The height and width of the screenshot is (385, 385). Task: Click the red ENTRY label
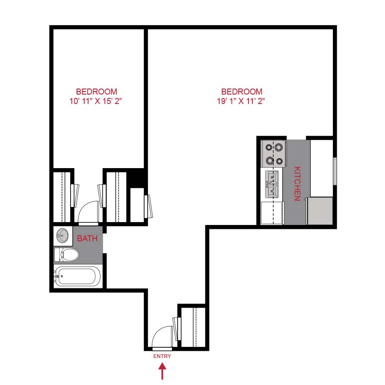click(x=162, y=356)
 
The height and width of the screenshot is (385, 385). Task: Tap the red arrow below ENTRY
click(x=162, y=371)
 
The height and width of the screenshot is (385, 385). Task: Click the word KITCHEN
click(x=297, y=184)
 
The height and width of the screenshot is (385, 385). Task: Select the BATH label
click(x=87, y=239)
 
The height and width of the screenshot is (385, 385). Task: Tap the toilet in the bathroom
click(x=67, y=255)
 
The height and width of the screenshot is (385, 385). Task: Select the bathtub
click(x=77, y=277)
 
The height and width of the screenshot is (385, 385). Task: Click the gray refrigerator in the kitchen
click(x=320, y=210)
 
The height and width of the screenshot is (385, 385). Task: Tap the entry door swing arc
click(x=163, y=336)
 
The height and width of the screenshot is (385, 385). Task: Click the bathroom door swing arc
click(x=89, y=212)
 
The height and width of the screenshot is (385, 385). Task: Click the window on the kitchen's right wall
click(x=335, y=172)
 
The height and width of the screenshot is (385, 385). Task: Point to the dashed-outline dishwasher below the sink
click(x=272, y=213)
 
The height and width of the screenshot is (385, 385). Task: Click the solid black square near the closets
click(x=137, y=178)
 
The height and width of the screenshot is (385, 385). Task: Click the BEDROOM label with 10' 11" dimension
click(x=97, y=92)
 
